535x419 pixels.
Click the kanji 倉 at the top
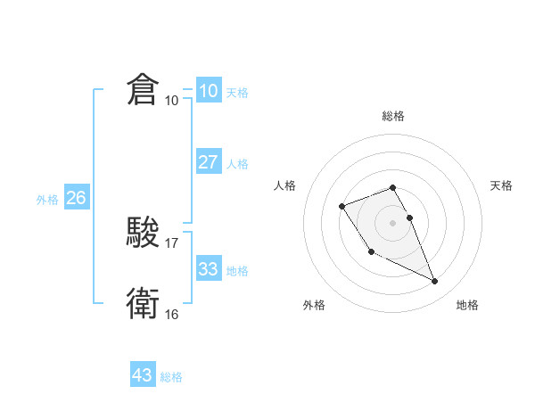coord(143,91)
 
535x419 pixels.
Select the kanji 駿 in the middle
coord(143,234)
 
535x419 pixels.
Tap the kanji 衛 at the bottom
coord(143,304)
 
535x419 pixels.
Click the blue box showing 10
coord(208,91)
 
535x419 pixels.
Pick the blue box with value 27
coord(208,162)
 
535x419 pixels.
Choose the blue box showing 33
coord(208,269)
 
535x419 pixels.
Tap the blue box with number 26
coord(76,198)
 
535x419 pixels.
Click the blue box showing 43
coord(142,375)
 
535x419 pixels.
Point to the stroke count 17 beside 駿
coord(172,242)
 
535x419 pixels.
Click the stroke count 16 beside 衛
coord(172,314)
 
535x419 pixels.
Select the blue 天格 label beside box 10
coord(237,93)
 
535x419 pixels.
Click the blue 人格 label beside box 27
coord(237,164)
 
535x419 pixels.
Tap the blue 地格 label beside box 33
coord(237,271)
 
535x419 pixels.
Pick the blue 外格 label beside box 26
coord(47,200)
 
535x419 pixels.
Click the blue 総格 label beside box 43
coord(171,377)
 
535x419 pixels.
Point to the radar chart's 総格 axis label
coord(393,116)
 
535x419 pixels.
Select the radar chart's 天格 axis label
coord(501,185)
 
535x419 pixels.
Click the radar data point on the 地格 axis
coord(435,282)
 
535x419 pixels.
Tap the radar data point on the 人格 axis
coord(342,207)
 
